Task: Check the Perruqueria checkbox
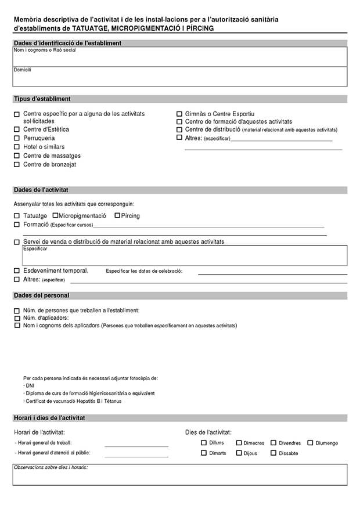click(17, 138)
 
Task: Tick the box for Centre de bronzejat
click(17, 165)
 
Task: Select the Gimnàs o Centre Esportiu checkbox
click(179, 114)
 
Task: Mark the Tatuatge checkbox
click(17, 216)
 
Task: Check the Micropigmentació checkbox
click(55, 215)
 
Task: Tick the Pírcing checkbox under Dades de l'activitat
click(117, 215)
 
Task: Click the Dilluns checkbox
click(204, 443)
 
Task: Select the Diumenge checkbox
click(310, 443)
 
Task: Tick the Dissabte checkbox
click(273, 453)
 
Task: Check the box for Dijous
click(239, 453)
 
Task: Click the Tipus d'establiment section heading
click(42, 99)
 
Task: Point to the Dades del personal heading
click(41, 295)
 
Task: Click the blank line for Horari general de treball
click(136, 444)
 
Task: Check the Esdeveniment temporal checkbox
click(17, 270)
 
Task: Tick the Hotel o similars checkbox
click(17, 147)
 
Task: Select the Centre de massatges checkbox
click(17, 156)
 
